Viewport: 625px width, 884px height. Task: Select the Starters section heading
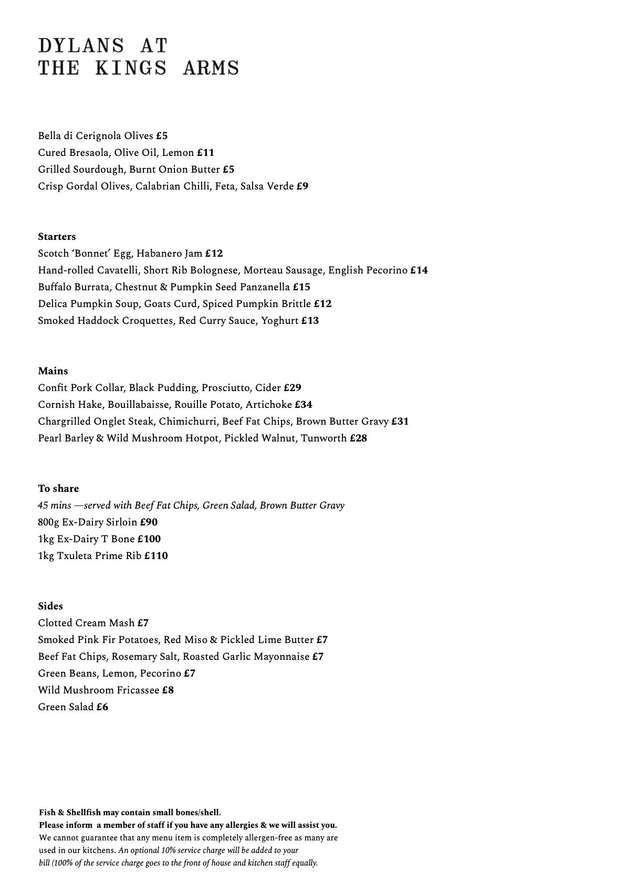click(x=57, y=237)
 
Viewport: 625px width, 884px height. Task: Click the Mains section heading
click(x=53, y=371)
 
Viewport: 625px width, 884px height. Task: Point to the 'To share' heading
click(x=58, y=489)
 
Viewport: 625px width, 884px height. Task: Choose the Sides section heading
click(x=50, y=606)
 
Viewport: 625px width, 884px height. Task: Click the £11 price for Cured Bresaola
click(x=205, y=153)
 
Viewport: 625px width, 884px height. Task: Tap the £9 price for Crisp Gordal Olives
click(x=302, y=186)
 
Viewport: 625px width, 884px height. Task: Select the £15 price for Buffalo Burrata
click(x=301, y=287)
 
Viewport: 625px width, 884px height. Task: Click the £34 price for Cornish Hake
click(x=304, y=405)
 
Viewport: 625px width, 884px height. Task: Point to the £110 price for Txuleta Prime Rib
click(x=156, y=556)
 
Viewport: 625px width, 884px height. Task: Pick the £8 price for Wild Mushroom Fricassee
click(x=168, y=690)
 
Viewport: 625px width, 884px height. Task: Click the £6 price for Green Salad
click(x=102, y=707)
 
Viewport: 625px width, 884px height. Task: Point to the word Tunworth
click(x=324, y=438)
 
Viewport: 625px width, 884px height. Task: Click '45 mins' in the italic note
click(x=51, y=506)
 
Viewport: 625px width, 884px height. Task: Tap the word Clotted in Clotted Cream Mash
click(x=54, y=623)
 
